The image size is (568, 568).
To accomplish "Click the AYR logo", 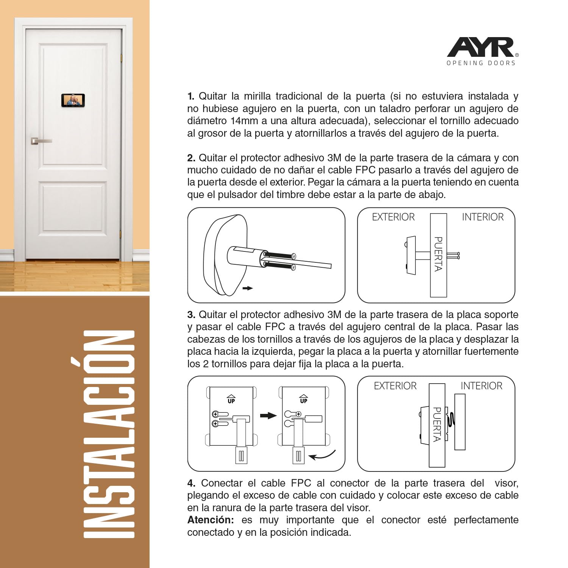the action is coord(481,47).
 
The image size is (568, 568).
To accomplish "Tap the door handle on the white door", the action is coord(41,141).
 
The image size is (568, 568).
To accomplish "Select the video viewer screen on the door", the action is coord(73,100).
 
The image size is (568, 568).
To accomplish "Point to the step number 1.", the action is coord(191,96).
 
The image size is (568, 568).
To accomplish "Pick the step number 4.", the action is coord(191,483).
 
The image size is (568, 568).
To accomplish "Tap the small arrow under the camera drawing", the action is coord(247,288).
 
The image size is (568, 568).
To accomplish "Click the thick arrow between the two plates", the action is coord(268,415).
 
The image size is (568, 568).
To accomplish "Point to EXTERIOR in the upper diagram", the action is coord(393,217).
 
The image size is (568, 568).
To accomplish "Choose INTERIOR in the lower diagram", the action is coord(481,386).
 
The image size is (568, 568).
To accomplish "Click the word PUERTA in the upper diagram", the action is coord(438,254).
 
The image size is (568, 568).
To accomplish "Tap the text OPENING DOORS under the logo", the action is coord(481,63).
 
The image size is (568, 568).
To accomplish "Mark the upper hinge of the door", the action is coord(121,58).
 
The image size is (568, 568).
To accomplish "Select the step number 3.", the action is coord(191,315).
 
